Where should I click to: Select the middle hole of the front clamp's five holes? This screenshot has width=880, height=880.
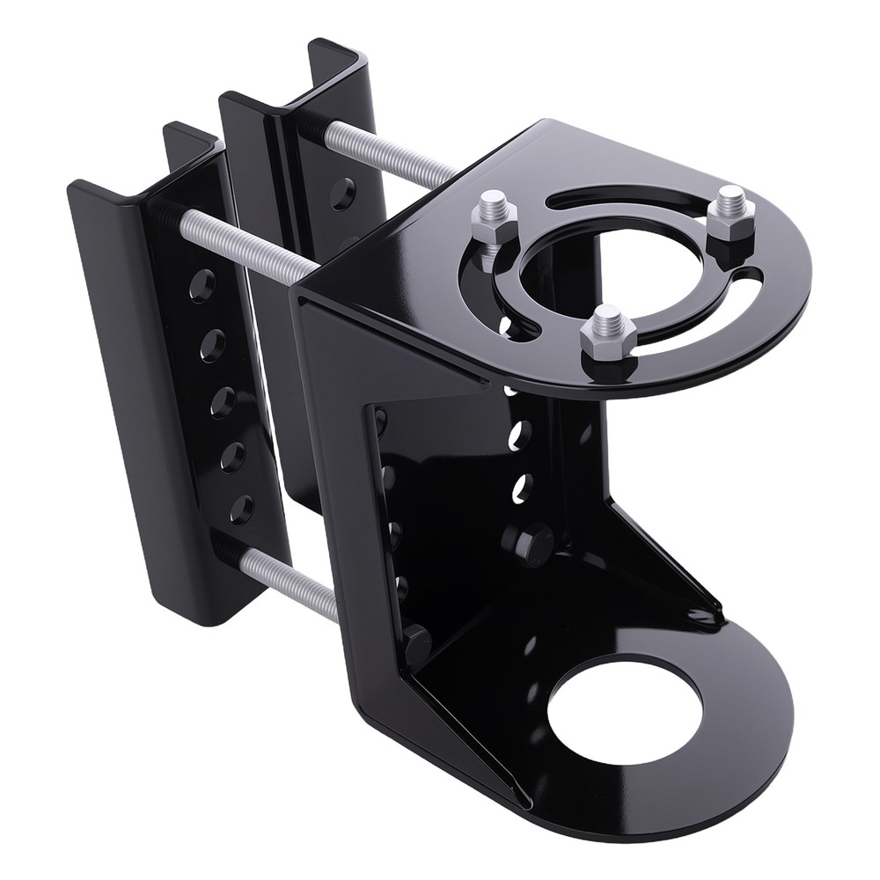pyautogui.click(x=223, y=400)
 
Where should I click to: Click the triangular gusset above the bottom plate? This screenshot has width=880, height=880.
pyautogui.click(x=669, y=572)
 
